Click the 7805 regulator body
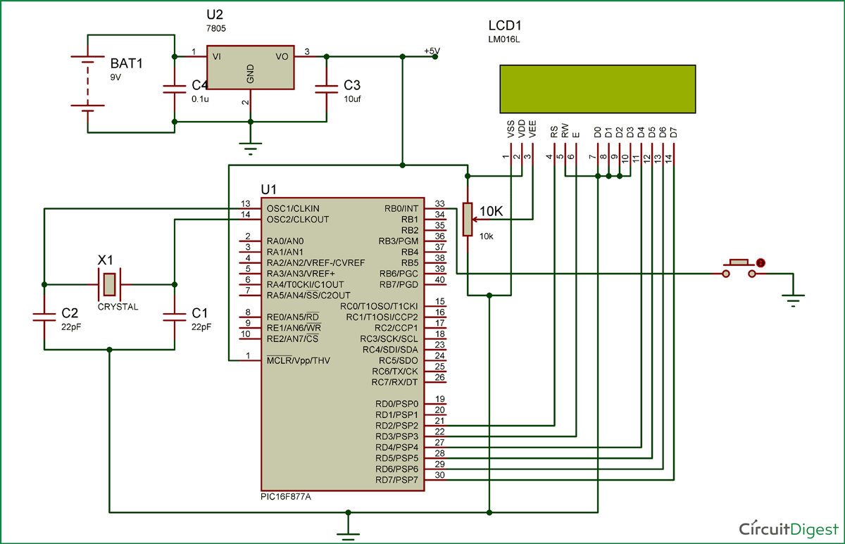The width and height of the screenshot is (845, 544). tap(250, 68)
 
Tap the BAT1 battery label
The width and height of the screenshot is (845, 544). tap(126, 63)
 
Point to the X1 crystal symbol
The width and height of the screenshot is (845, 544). tap(109, 284)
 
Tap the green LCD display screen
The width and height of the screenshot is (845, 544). tap(597, 89)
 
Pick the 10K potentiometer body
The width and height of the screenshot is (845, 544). tap(467, 220)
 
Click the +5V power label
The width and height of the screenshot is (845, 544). tap(432, 51)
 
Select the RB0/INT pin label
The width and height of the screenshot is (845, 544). tap(401, 209)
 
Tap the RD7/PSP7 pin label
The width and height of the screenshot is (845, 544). tap(397, 480)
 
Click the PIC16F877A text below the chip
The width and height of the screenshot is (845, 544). tap(286, 495)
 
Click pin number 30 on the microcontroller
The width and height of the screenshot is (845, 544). tap(439, 475)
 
